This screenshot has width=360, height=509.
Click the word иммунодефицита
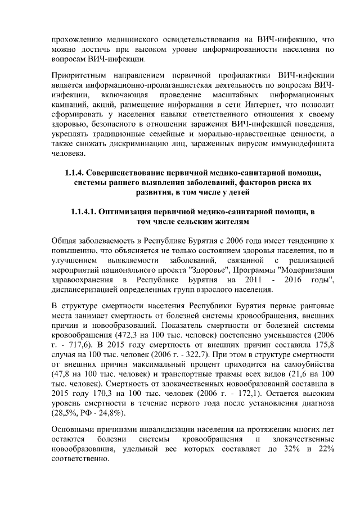tap(301, 144)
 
